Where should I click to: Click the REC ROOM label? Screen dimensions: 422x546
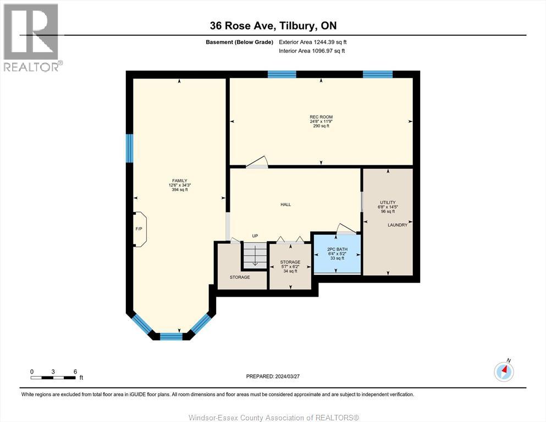(x=321, y=117)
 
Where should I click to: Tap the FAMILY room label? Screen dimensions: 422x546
(x=180, y=181)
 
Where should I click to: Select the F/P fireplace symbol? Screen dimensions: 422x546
(x=139, y=229)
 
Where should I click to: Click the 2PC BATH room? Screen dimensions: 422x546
(x=338, y=254)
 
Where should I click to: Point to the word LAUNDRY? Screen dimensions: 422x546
(x=397, y=225)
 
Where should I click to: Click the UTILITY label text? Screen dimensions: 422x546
(x=388, y=203)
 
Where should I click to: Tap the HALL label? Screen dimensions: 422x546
(x=285, y=204)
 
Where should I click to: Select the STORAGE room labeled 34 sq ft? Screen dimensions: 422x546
(x=290, y=266)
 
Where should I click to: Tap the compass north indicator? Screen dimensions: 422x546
(x=504, y=371)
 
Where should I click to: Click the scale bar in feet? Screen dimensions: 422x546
(x=53, y=377)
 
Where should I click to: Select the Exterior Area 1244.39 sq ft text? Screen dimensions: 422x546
(x=313, y=42)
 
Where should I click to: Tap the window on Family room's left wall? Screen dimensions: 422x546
(x=129, y=148)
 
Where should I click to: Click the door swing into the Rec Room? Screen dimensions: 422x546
(x=257, y=162)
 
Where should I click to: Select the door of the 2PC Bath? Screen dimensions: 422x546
(x=346, y=229)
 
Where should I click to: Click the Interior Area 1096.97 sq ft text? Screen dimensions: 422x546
(x=312, y=51)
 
